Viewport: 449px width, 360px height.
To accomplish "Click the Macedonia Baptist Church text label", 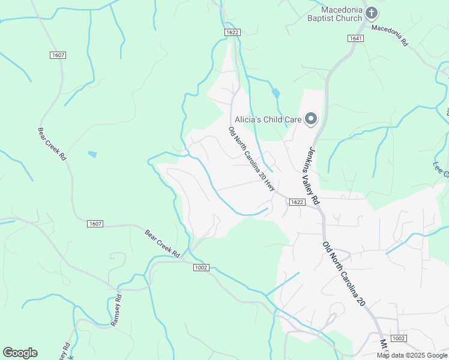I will pos(342,14).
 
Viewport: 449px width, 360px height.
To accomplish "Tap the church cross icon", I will pos(372,13).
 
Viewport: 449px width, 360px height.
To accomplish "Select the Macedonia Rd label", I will pos(389,35).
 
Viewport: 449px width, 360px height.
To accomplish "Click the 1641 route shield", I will pos(355,38).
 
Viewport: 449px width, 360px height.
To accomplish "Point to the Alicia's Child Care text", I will pos(267,119).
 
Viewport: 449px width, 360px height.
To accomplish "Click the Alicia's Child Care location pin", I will pos(311,119).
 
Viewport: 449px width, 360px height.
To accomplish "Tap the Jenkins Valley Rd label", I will pos(310,176).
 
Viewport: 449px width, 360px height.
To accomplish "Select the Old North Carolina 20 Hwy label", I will pos(252,158).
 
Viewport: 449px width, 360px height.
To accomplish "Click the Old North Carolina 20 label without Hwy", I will pos(343,274).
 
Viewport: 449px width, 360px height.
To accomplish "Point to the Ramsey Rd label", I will pos(116,310).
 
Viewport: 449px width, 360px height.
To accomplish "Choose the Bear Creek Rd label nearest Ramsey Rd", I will pos(162,244).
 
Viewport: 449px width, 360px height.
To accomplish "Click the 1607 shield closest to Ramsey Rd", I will pos(95,224).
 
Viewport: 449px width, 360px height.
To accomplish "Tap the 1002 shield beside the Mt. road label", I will pos(397,338).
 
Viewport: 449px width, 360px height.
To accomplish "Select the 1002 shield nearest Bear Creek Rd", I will pos(201,268).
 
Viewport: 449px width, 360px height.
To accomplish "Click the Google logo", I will pos(20,353).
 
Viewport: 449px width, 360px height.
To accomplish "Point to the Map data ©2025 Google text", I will pos(412,355).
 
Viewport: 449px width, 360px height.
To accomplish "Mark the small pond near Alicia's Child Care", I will pos(276,94).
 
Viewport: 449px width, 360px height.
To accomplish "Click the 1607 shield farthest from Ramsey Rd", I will pos(58,55).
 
